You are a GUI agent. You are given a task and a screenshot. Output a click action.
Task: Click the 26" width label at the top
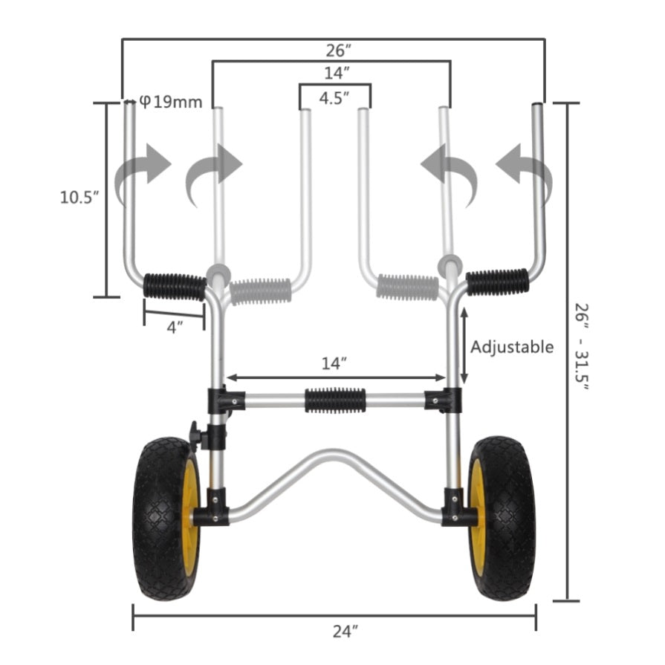pyautogui.click(x=338, y=51)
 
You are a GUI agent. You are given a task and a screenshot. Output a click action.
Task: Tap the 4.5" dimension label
pyautogui.click(x=334, y=98)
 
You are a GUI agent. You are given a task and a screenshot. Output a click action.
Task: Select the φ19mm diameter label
pyautogui.click(x=170, y=102)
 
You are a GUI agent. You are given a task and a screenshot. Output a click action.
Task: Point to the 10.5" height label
pyautogui.click(x=80, y=197)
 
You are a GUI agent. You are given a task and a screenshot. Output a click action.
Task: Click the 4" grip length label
pyautogui.click(x=175, y=328)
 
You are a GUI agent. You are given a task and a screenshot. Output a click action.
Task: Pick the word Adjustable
pyautogui.click(x=512, y=347)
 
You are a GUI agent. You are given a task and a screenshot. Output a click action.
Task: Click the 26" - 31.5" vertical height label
pyautogui.click(x=582, y=347)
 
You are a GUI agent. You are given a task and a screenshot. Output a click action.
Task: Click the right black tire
pyautogui.click(x=502, y=519)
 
